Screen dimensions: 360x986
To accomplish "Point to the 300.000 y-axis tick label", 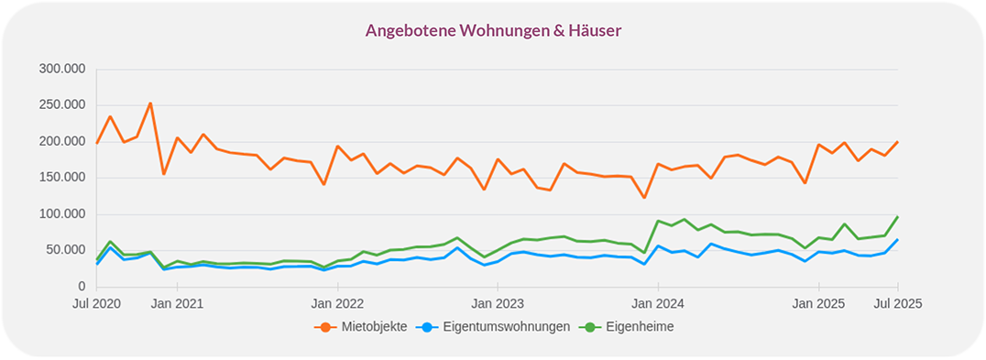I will [62, 69].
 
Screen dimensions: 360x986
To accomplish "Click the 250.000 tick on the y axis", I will [62, 104].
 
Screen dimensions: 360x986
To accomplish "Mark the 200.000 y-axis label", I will [62, 141].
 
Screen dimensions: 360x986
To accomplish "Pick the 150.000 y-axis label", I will [62, 177].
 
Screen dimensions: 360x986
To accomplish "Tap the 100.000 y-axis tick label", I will [62, 213].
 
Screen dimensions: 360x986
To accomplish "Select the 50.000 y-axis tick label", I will [66, 250].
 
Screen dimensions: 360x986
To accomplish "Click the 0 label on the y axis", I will [81, 287].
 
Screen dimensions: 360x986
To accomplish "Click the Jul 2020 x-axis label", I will [96, 303].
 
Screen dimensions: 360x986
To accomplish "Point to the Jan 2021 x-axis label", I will [177, 303].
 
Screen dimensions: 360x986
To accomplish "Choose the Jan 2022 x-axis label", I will [337, 303].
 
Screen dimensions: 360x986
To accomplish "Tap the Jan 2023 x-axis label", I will [498, 303].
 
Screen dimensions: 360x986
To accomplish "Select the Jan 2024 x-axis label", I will [658, 303].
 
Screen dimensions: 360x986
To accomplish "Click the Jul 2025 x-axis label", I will [897, 303].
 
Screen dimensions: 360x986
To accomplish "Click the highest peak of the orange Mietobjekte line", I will [150, 104].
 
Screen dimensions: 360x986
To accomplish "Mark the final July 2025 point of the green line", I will [897, 217].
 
